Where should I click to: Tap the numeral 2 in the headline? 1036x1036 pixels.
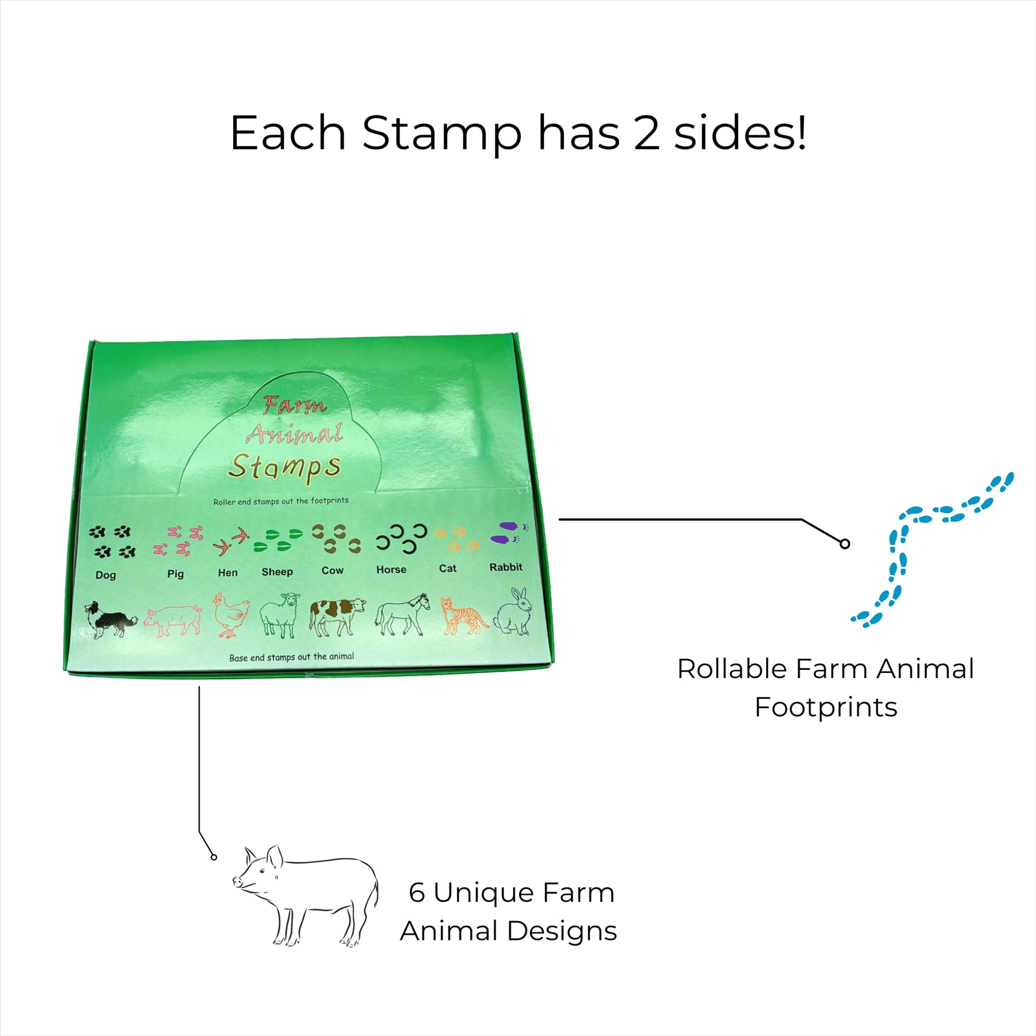pyautogui.click(x=647, y=133)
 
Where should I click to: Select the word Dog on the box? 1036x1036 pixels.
pyautogui.click(x=106, y=575)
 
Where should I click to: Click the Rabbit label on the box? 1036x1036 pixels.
pyautogui.click(x=506, y=567)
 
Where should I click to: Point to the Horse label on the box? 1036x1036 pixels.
pyautogui.click(x=391, y=569)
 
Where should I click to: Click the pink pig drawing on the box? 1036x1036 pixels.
pyautogui.click(x=173, y=620)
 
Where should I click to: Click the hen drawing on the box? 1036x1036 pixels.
pyautogui.click(x=231, y=615)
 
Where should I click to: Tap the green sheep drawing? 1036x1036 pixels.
pyautogui.click(x=280, y=615)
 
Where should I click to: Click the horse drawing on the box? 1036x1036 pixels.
pyautogui.click(x=402, y=614)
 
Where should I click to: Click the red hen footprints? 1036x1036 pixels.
pyautogui.click(x=231, y=541)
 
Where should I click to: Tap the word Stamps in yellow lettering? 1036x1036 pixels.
pyautogui.click(x=285, y=466)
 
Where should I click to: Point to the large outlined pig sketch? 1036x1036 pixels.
pyautogui.click(x=306, y=895)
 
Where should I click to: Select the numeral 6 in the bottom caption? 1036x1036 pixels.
pyautogui.click(x=417, y=893)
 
